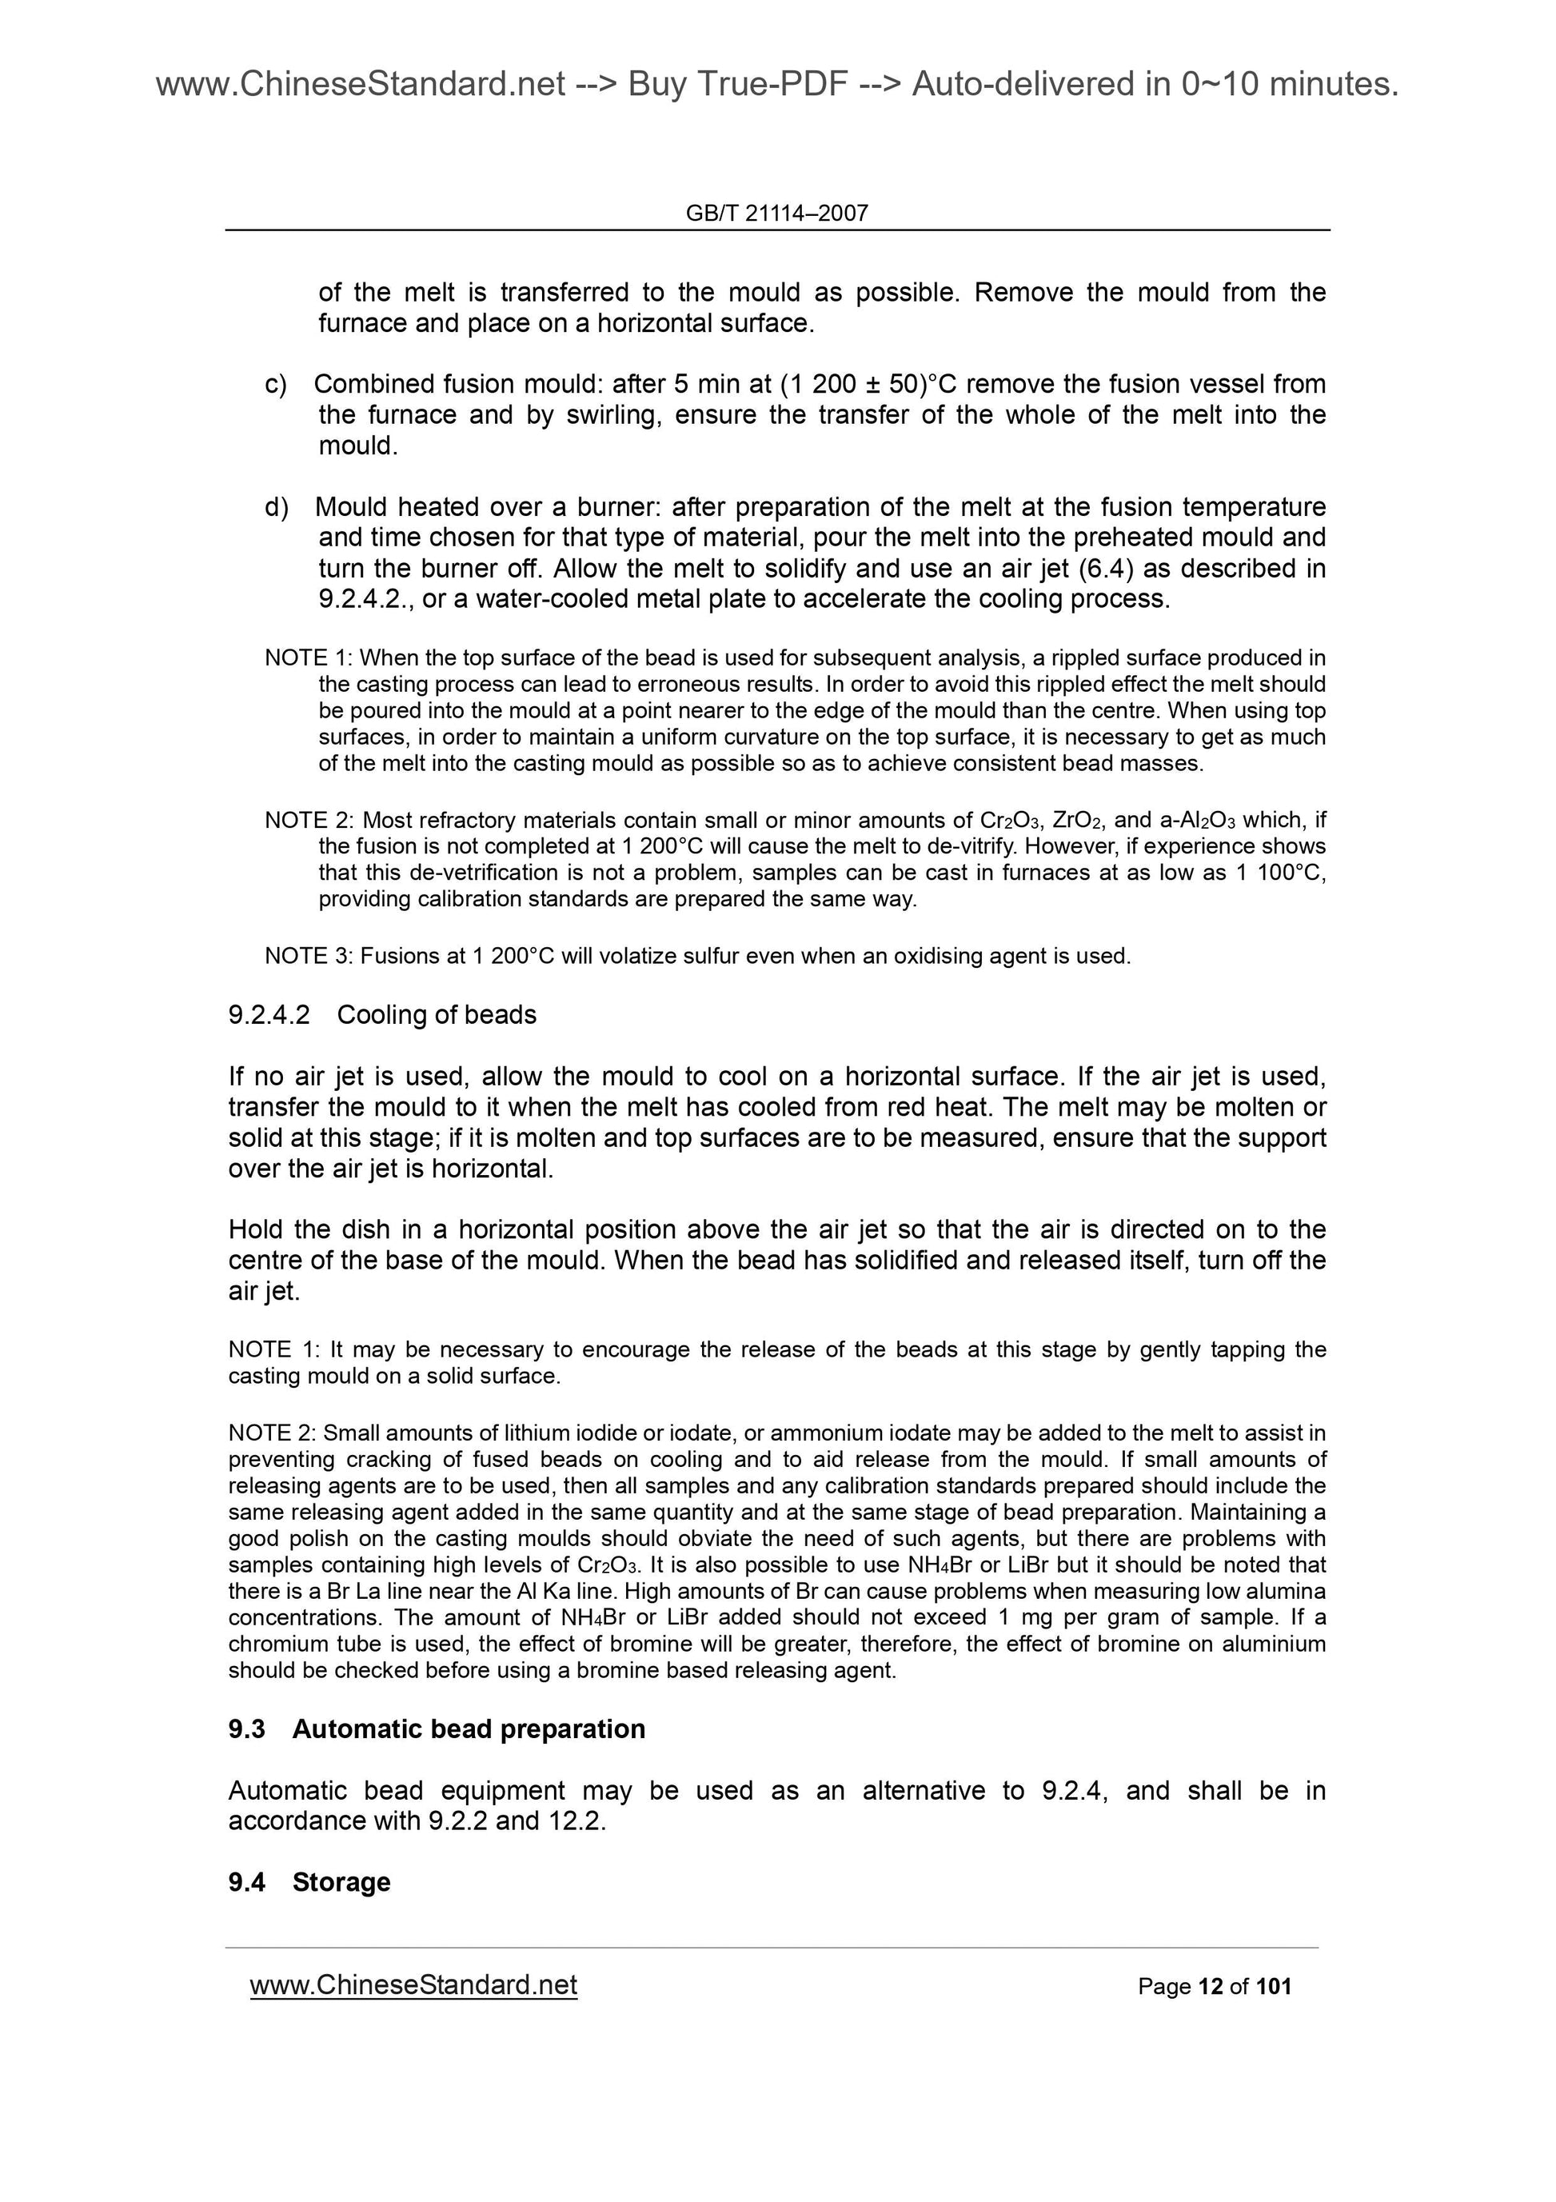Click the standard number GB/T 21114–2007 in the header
coord(776,213)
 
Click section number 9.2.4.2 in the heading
coord(269,1015)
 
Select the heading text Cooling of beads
coord(437,1015)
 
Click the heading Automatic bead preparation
coord(468,1729)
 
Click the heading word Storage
coord(341,1883)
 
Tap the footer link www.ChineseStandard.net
coord(413,1985)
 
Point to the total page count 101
coord(1274,1987)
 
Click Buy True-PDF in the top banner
coord(738,86)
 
